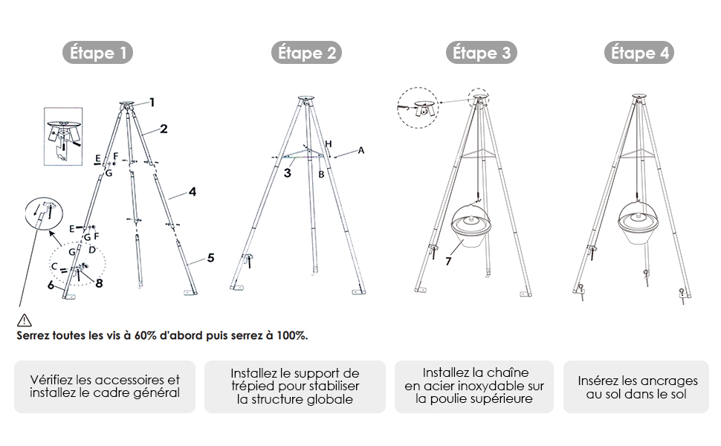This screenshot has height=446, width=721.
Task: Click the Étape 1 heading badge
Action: tap(97, 53)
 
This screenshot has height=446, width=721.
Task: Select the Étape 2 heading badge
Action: tap(306, 53)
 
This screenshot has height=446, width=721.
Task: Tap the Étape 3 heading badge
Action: tap(482, 53)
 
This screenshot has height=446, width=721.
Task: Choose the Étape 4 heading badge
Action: tap(639, 53)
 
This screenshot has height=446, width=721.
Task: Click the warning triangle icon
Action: tap(25, 320)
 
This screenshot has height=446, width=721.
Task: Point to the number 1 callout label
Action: tap(152, 102)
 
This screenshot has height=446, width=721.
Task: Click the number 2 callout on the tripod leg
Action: tap(164, 129)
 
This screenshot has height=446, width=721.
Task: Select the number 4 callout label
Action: tap(193, 191)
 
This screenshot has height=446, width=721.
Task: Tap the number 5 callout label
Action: tap(210, 257)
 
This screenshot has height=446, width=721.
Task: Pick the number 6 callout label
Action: tap(51, 285)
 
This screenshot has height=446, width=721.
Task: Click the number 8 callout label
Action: tap(99, 283)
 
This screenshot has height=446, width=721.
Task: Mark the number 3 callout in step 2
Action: tap(288, 173)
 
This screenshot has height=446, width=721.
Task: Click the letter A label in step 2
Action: tap(361, 150)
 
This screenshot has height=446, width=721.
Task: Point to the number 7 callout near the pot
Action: tap(448, 261)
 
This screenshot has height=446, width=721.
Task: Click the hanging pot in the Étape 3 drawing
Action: tap(471, 225)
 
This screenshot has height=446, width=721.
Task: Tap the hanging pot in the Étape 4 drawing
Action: tap(638, 222)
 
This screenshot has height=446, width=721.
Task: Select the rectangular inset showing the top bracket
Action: tap(63, 137)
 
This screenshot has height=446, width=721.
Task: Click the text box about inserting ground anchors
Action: tap(636, 387)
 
